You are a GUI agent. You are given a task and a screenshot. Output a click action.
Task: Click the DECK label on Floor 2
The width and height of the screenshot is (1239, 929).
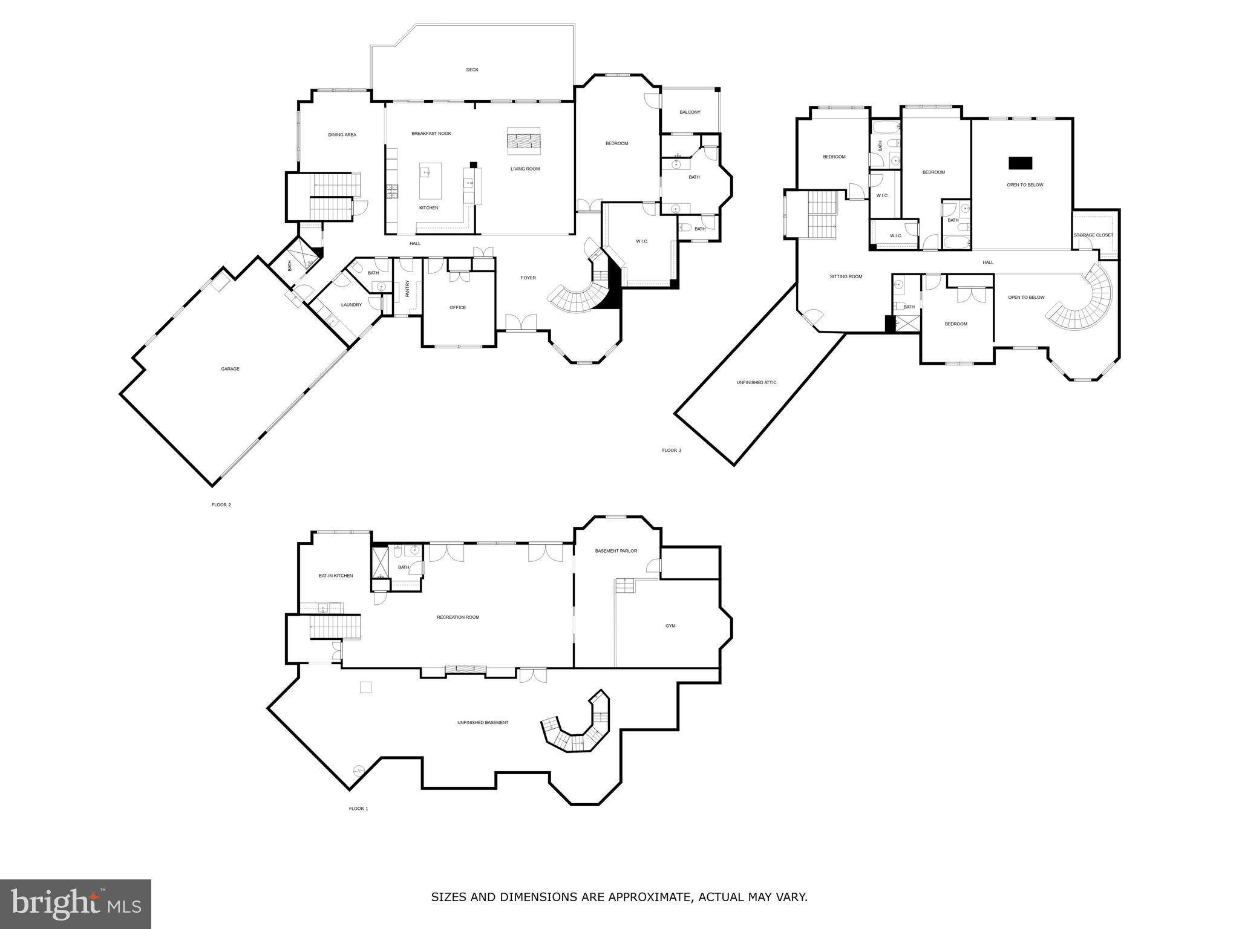(x=472, y=70)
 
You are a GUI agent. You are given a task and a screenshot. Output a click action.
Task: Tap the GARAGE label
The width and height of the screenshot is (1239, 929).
(x=230, y=368)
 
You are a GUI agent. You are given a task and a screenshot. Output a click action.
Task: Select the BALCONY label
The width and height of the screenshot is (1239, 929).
(x=690, y=112)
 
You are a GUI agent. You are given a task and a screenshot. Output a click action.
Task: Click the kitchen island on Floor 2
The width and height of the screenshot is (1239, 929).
(x=430, y=180)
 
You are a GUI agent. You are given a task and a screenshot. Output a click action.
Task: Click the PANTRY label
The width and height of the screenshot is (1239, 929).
(x=407, y=288)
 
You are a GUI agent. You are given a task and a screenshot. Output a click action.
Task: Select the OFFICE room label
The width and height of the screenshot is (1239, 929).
(x=457, y=307)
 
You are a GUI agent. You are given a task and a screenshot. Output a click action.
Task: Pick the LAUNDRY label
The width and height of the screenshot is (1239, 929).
(x=351, y=304)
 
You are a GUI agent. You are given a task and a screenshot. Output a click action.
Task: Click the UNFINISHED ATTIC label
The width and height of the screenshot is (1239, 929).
(x=756, y=382)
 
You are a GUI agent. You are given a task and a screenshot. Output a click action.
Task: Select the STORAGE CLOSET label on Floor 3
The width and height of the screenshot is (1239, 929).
(x=1093, y=235)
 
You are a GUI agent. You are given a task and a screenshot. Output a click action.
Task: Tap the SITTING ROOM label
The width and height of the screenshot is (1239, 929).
(x=846, y=276)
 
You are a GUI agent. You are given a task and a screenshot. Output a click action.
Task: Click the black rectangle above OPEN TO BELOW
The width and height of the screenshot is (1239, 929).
(x=1020, y=163)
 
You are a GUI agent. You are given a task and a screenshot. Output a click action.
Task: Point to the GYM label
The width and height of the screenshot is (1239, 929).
(x=670, y=625)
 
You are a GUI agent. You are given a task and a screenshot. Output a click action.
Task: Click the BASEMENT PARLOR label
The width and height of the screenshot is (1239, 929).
(x=616, y=550)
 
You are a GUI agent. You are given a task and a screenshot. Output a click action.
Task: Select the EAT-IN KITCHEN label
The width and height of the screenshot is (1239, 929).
(x=336, y=575)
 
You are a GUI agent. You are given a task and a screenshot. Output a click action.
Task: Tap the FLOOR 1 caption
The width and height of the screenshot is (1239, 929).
(x=358, y=808)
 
